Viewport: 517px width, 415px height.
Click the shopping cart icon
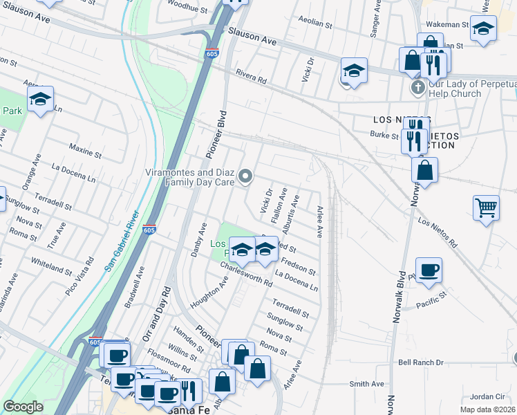click(487, 207)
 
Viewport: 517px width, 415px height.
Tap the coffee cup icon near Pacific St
click(429, 270)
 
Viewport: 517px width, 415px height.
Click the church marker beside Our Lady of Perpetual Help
click(417, 88)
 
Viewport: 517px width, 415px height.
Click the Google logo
click(23, 407)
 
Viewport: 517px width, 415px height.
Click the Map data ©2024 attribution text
click(487, 409)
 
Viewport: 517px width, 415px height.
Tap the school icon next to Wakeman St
click(484, 29)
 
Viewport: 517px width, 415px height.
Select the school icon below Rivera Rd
click(354, 71)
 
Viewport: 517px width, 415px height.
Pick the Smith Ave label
click(366, 383)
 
